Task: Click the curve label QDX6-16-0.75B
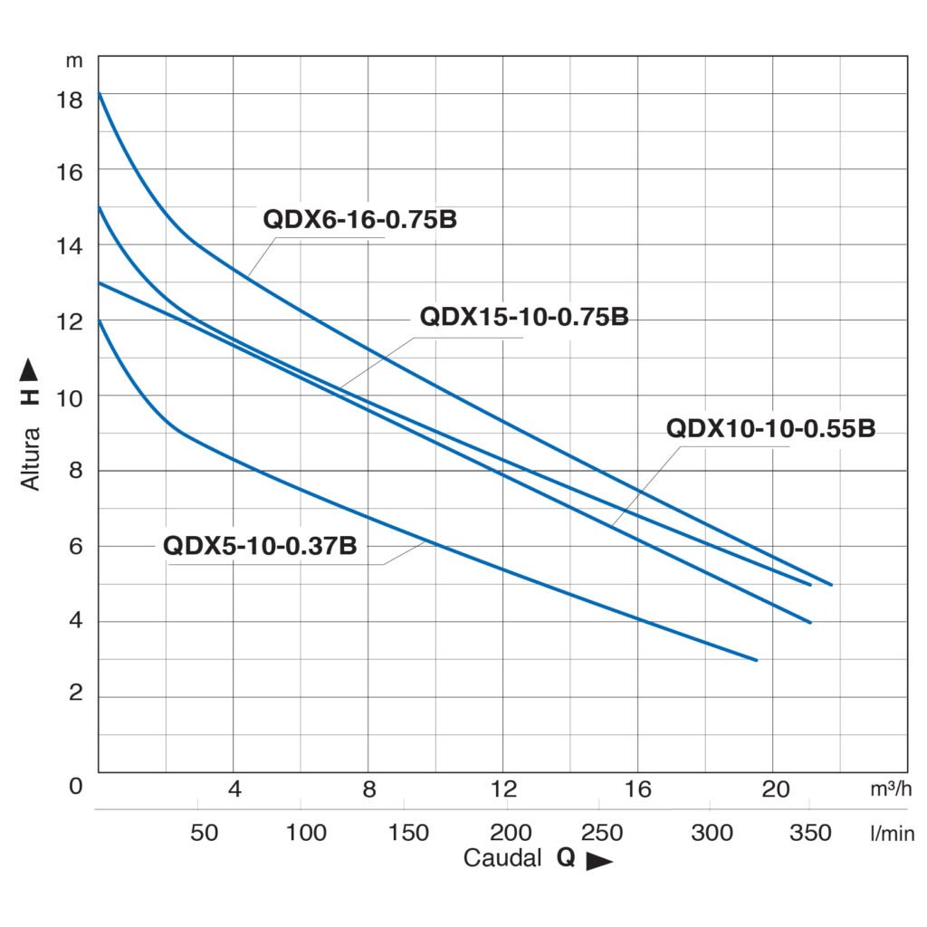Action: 359,220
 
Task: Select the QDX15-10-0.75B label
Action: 524,319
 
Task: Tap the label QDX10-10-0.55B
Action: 770,429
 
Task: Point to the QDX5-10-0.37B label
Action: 260,546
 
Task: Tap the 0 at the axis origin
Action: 76,786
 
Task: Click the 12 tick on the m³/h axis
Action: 502,788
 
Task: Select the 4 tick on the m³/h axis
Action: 234,788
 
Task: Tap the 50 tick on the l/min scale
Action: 205,833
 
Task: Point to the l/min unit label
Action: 892,833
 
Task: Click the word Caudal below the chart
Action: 502,858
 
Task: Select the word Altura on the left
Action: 32,458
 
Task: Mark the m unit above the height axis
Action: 74,62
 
